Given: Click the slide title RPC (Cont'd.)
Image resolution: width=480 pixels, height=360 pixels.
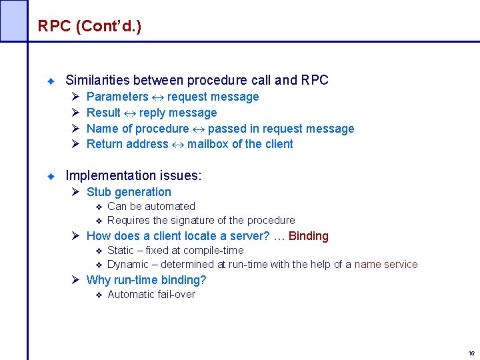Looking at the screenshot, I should tap(89, 26).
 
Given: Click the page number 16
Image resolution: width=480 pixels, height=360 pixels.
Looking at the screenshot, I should tap(471, 353).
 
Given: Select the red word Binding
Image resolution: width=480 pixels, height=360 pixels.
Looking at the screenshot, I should tap(309, 236).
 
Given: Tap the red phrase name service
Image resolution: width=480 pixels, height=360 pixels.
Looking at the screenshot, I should tap(386, 265).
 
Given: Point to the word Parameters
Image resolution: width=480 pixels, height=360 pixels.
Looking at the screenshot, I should tap(117, 97).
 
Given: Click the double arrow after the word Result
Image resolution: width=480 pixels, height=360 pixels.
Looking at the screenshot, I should tap(130, 113).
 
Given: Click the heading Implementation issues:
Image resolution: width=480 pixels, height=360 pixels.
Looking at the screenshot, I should tap(133, 176).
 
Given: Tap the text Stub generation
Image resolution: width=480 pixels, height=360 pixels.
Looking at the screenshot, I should tap(129, 192).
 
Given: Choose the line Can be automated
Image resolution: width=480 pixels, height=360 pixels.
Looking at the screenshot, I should tap(151, 207).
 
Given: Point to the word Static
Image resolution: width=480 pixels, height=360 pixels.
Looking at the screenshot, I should tap(120, 251).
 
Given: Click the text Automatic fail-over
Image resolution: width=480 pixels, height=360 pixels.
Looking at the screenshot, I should tap(151, 295).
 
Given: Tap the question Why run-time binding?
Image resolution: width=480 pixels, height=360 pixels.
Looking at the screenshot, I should tap(146, 280).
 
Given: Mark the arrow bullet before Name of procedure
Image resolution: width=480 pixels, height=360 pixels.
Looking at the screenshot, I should tap(75, 129).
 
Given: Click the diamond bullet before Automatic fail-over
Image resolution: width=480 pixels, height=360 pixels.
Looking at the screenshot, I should tap(97, 295).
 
